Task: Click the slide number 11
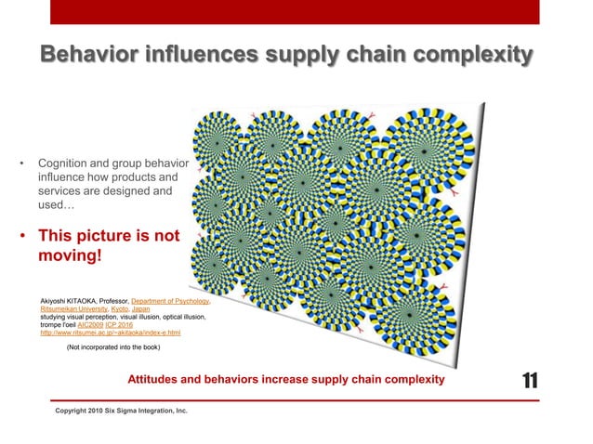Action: click(x=531, y=380)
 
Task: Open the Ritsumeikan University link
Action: click(x=72, y=309)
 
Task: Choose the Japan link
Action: click(x=141, y=309)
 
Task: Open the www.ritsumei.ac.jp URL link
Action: click(x=111, y=332)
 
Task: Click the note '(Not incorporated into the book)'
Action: click(x=113, y=347)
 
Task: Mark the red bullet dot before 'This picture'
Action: click(x=22, y=236)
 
